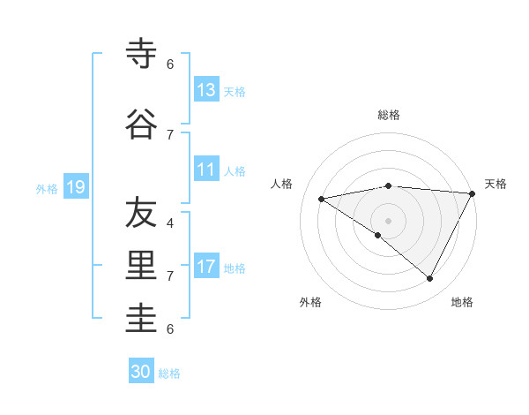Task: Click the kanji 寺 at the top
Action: click(x=141, y=54)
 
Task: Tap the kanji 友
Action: click(x=141, y=213)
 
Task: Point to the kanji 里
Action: click(x=141, y=266)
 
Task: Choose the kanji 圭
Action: click(x=141, y=319)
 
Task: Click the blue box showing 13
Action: click(x=205, y=89)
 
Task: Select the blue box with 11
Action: click(x=205, y=170)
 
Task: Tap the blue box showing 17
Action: click(x=205, y=267)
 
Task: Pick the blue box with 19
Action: click(x=75, y=187)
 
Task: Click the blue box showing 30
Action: click(x=141, y=372)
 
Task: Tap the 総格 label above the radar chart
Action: click(x=388, y=115)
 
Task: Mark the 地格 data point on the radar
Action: click(x=429, y=279)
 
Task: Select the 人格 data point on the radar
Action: click(x=322, y=199)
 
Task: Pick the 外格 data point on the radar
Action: click(x=377, y=235)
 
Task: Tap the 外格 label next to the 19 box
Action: click(x=47, y=188)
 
